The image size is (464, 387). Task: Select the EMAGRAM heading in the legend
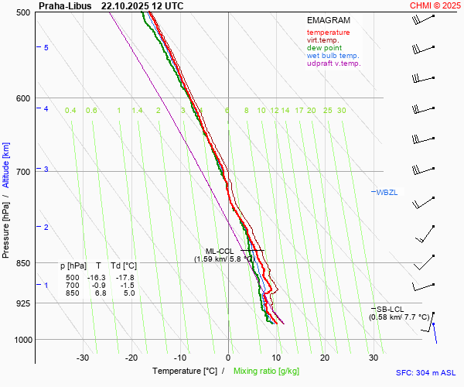(x=328, y=20)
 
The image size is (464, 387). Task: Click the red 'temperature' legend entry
(x=328, y=33)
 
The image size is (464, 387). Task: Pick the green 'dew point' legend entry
(x=324, y=48)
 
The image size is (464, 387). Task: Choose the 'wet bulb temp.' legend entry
(x=333, y=56)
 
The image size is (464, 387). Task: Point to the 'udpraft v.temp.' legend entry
(x=334, y=63)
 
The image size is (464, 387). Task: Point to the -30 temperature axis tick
(x=83, y=358)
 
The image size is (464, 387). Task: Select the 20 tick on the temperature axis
(x=325, y=358)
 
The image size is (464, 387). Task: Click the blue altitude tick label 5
(x=46, y=48)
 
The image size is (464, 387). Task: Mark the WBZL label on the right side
(x=387, y=192)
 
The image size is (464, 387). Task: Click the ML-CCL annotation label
(x=220, y=251)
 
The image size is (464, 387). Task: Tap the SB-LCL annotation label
(x=391, y=309)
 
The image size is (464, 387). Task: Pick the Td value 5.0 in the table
(x=128, y=293)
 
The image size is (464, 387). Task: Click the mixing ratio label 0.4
(x=70, y=111)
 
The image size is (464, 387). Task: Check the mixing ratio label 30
(x=341, y=111)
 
